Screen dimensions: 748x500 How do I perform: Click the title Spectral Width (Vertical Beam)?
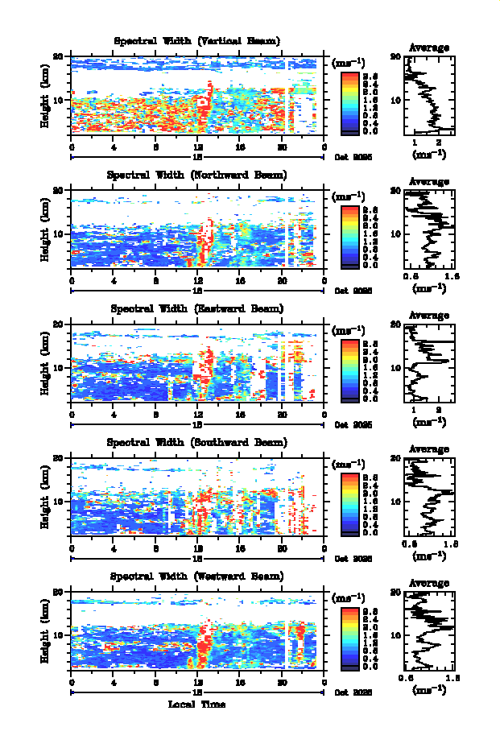coord(197,41)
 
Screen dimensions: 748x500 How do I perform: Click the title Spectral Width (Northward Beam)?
coord(197,175)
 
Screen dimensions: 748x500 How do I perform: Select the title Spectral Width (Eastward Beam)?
coord(197,308)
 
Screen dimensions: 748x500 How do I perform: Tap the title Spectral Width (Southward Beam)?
coord(197,443)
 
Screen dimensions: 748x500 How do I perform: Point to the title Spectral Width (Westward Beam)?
coord(197,576)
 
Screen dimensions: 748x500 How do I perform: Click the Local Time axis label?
coord(196,705)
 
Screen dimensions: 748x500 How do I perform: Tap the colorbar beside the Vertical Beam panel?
coord(349,101)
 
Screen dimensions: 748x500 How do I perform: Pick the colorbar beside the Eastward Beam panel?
coord(349,370)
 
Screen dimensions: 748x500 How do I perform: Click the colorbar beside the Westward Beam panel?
coord(349,638)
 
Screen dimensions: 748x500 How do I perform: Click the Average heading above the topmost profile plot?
coord(429,48)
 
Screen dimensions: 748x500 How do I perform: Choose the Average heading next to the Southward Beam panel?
coord(429,449)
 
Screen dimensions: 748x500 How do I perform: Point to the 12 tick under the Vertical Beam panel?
coord(198,147)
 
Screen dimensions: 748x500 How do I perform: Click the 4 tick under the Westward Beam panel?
coord(114,683)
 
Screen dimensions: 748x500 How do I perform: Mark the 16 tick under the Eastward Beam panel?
coord(240,415)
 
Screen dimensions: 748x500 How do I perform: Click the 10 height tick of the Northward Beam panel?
coord(60,233)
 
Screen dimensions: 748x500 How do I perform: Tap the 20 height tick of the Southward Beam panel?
coord(60,458)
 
